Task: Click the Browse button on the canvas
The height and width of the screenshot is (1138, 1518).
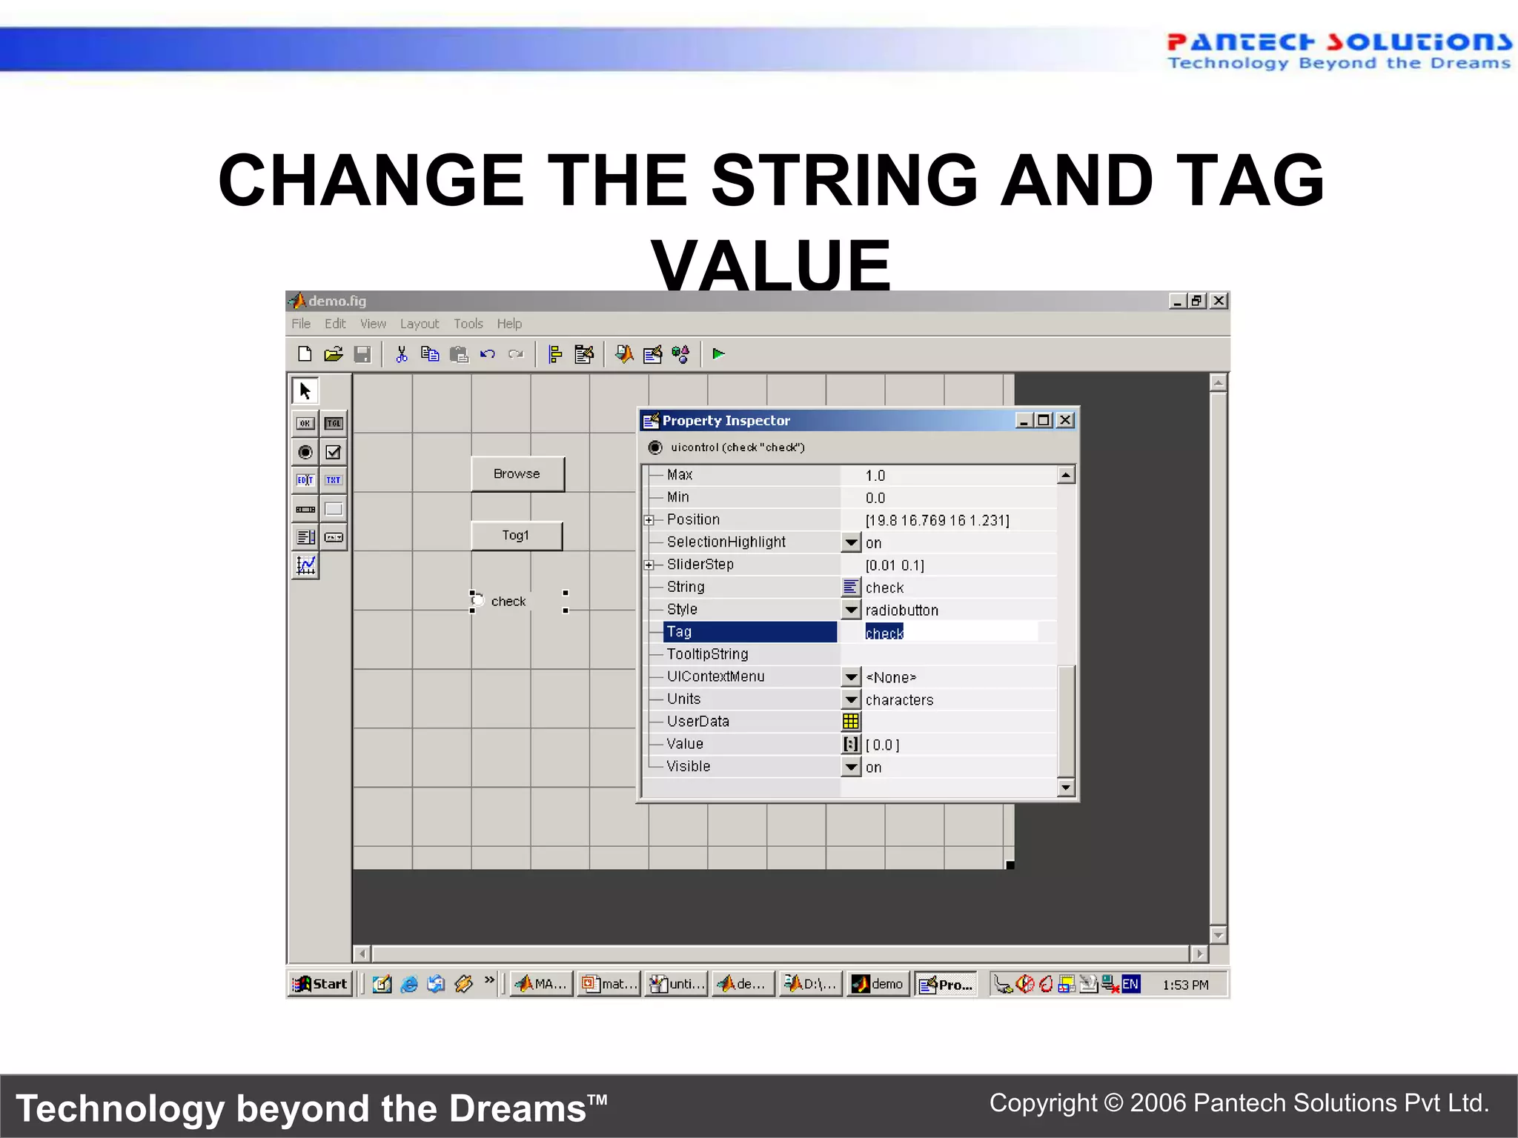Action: tap(517, 474)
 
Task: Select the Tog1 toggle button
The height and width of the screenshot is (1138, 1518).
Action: tap(516, 536)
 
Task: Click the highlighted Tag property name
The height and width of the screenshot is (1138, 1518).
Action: tap(749, 632)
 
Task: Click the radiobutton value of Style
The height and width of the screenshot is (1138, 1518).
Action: tap(901, 610)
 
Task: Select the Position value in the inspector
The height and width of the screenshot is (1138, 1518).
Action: tap(937, 520)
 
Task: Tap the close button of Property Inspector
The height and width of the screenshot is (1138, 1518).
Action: tap(1065, 420)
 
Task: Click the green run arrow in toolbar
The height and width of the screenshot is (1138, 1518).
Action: tap(717, 354)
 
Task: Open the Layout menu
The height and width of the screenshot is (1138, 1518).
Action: tap(419, 324)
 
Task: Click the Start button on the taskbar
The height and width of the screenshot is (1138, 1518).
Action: tap(320, 984)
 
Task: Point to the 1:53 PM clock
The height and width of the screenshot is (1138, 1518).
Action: tap(1185, 985)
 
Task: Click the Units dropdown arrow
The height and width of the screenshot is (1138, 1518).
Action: tap(851, 699)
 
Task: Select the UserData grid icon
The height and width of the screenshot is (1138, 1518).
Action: tap(851, 722)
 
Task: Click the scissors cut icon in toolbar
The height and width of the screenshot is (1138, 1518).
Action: tap(401, 354)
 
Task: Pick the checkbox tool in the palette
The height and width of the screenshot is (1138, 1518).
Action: tap(334, 452)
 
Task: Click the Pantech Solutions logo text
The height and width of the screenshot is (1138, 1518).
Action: tap(1338, 43)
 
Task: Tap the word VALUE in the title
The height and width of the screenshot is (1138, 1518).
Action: tap(771, 265)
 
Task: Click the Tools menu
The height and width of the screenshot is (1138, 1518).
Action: tap(468, 324)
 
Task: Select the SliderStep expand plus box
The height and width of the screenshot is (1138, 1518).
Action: tap(649, 565)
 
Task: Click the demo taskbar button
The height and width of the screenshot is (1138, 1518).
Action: tap(878, 984)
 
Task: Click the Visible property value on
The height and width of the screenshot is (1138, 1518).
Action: tap(874, 768)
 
